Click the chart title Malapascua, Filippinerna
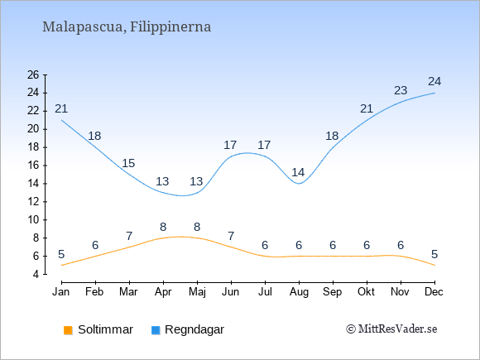click(127, 27)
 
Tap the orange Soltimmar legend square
click(68, 330)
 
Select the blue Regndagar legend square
click(156, 330)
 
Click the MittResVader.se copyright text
click(391, 329)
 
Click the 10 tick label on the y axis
click(33, 220)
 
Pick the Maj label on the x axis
click(197, 292)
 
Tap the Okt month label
click(366, 292)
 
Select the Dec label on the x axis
click(434, 292)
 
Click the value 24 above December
click(434, 81)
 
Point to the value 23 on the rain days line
click(401, 90)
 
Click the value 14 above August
click(298, 173)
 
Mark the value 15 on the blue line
click(128, 164)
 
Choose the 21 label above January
click(61, 108)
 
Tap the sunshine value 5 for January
click(61, 254)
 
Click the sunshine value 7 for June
click(231, 237)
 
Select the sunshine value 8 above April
click(163, 227)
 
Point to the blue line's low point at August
click(299, 184)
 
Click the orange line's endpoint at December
click(434, 265)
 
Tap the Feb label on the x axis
click(94, 292)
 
